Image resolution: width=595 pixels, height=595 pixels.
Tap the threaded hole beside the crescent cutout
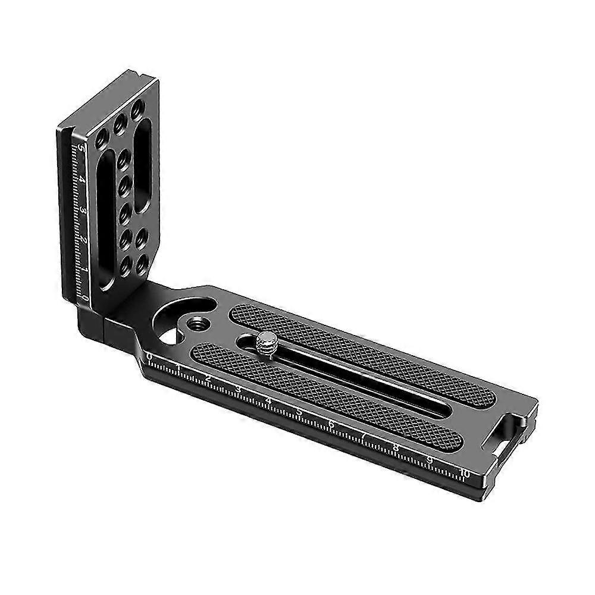click(195, 324)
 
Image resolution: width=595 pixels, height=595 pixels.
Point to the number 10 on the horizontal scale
click(465, 474)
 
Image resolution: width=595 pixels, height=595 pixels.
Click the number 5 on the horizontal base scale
click(300, 412)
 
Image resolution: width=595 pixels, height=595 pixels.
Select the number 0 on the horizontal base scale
click(149, 356)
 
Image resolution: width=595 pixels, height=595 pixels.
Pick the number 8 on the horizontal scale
click(396, 448)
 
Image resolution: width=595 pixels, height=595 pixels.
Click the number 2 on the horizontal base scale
click(208, 378)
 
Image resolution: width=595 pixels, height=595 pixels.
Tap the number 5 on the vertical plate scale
click(81, 147)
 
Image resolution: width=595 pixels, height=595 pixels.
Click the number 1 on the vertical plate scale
click(86, 271)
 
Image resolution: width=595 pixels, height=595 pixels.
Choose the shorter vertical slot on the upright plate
click(143, 173)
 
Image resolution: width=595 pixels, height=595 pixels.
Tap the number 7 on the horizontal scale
click(363, 436)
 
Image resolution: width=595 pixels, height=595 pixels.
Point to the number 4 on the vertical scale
click(82, 178)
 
